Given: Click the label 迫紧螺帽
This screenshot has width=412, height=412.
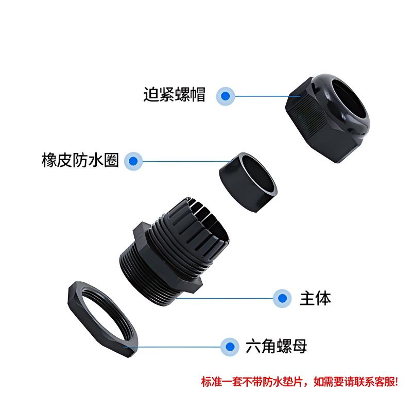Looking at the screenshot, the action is point(174,94).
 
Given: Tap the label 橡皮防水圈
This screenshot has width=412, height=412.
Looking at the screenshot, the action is point(80,160).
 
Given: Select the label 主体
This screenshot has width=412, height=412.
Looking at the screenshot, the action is point(315,298).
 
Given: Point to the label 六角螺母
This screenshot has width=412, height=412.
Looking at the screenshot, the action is point(276,346).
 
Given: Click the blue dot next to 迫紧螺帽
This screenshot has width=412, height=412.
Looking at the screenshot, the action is point(225,96).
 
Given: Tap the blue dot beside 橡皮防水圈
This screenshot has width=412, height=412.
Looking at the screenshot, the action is point(133,161).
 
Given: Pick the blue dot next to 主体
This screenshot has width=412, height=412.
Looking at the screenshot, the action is point(282,298).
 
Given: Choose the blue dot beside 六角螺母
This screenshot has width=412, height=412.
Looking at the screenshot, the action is point(230,347).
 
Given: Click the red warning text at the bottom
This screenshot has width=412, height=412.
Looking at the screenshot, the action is point(300,382).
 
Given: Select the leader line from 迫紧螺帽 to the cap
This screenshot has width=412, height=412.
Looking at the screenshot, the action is point(267,96).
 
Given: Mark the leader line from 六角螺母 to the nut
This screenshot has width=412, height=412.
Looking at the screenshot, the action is point(173,347).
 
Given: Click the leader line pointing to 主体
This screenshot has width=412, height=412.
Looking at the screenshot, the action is point(225,298).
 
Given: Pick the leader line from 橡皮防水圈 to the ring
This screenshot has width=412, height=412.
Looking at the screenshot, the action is point(187,161).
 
